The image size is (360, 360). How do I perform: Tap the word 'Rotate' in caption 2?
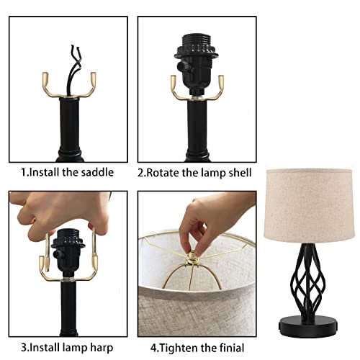[x=168, y=173]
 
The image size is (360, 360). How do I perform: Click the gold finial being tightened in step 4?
[x=193, y=258]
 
